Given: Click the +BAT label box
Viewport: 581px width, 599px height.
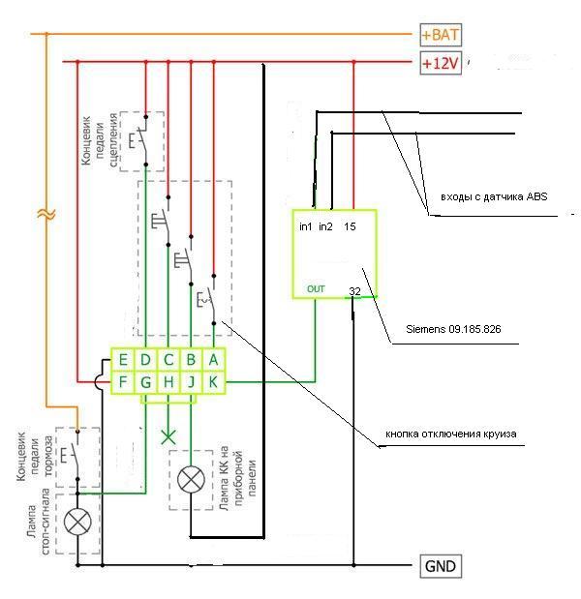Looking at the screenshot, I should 441,36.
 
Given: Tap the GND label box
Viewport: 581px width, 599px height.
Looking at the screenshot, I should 439,566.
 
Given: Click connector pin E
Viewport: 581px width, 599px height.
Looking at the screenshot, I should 123,360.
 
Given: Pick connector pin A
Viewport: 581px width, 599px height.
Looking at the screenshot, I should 214,360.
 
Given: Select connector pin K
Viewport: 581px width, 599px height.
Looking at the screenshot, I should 214,382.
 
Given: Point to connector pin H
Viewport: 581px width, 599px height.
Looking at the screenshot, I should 168,382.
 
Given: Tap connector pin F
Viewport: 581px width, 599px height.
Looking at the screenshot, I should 123,382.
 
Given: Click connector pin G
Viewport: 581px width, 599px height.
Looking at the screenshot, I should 145,382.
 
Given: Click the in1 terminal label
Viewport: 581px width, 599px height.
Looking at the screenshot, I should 306,227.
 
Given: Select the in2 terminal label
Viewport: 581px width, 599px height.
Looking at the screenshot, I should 326,227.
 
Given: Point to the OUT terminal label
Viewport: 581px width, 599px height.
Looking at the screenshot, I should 317,288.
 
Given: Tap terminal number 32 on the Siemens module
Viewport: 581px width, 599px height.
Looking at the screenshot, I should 354,290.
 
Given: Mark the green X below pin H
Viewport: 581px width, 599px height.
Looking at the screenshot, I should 169,436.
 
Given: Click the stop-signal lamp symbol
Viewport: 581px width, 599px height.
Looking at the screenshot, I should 77,524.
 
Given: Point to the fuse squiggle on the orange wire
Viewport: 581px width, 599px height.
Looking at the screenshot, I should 45,213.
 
